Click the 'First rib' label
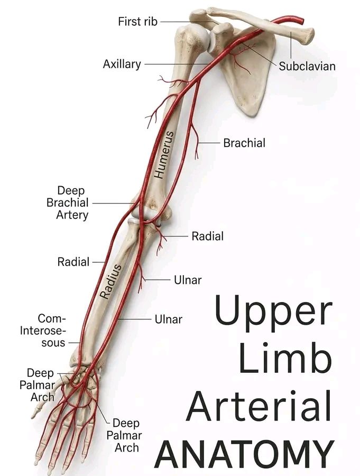click(x=138, y=22)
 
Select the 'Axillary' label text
click(x=122, y=65)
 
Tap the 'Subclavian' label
click(x=307, y=66)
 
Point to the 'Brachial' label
click(x=244, y=143)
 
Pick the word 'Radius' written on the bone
click(x=111, y=281)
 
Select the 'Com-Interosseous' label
click(x=43, y=330)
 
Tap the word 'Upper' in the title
click(x=273, y=313)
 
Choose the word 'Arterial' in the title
click(x=260, y=406)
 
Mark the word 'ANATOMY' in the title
click(x=244, y=454)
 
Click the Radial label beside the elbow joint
click(x=208, y=236)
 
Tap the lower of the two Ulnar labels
click(x=169, y=319)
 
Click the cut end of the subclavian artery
click(x=301, y=21)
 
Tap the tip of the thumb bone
click(x=32, y=417)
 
